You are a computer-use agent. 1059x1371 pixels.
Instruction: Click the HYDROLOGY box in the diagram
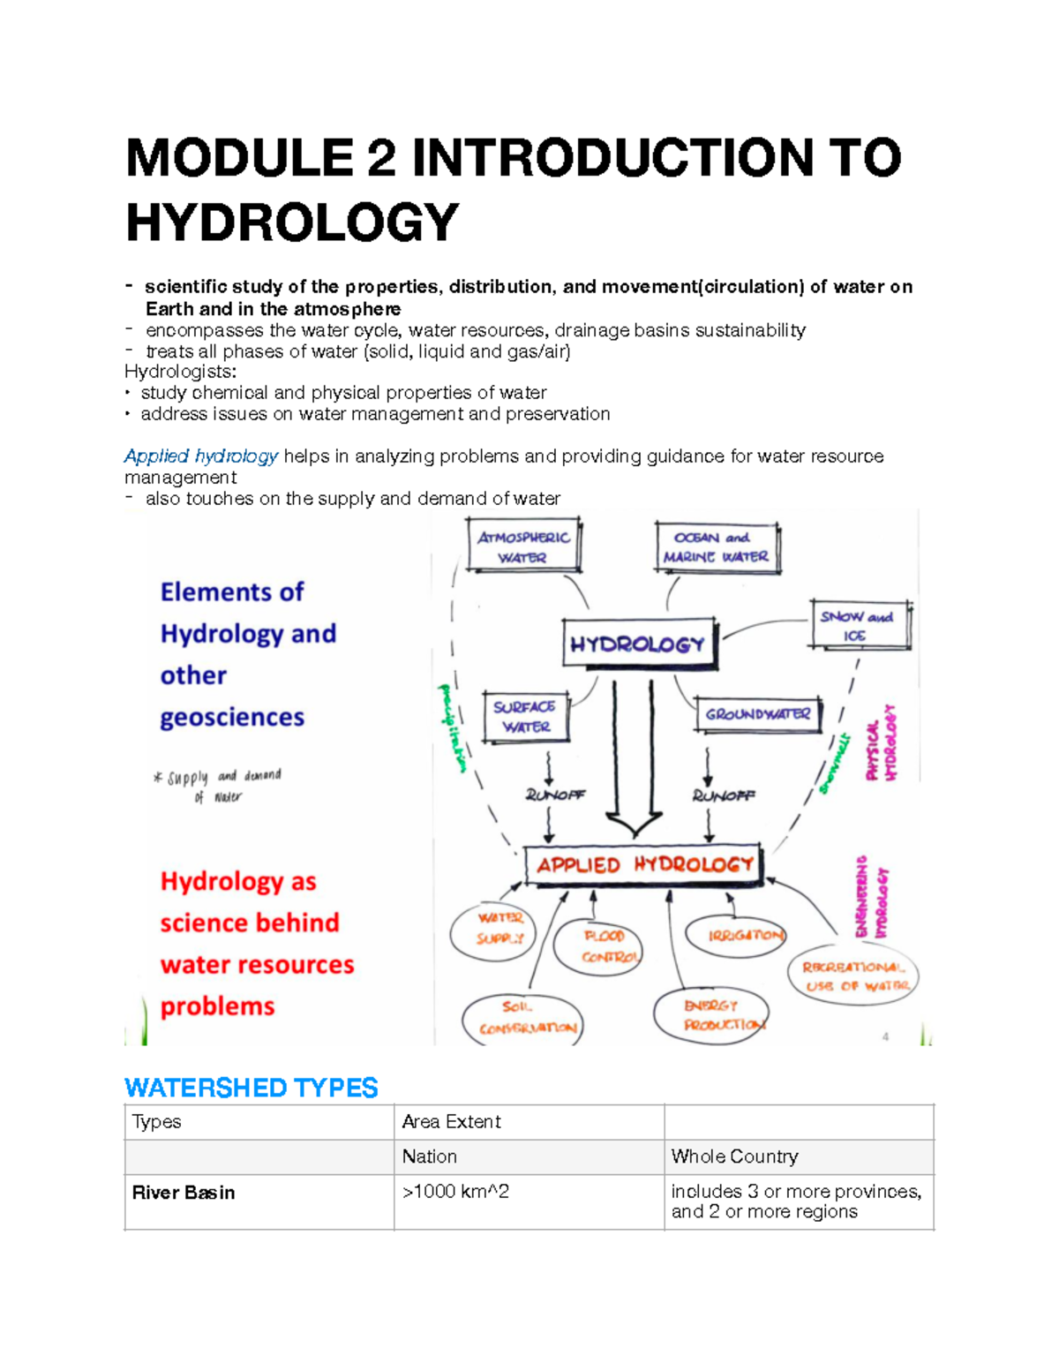(638, 644)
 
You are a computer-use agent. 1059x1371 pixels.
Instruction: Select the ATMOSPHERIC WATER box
(523, 546)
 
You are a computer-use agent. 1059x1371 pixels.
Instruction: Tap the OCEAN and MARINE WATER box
(717, 546)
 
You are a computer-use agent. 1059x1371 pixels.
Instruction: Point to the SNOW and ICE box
(858, 626)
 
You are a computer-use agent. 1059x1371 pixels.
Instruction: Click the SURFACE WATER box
(526, 717)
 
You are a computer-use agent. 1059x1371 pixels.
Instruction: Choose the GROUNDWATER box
(758, 714)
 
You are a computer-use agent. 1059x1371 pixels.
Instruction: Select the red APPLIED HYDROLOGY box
(643, 865)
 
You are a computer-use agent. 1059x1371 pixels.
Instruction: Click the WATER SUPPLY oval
(500, 929)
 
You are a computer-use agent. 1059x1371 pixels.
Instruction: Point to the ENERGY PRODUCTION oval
(711, 1015)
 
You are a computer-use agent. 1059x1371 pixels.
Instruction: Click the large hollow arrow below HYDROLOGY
(634, 759)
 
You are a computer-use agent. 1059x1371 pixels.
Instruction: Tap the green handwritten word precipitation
(453, 728)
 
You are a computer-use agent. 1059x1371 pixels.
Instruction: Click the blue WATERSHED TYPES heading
(252, 1088)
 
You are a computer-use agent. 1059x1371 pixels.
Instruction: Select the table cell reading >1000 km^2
(455, 1192)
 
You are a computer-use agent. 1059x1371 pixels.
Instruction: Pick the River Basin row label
(184, 1193)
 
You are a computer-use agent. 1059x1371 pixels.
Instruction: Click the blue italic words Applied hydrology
(201, 456)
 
